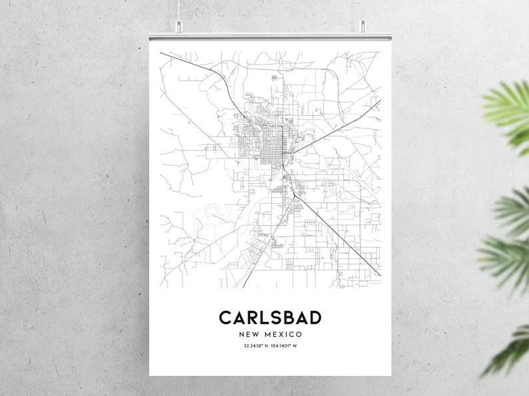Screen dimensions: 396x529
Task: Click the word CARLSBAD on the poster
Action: click(270, 317)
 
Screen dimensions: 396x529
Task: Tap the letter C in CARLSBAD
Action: click(226, 317)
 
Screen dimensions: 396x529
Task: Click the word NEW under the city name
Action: click(249, 334)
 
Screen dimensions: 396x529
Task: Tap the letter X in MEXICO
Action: click(284, 334)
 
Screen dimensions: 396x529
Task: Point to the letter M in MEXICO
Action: click(266, 334)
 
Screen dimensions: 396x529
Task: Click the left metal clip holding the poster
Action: click(178, 27)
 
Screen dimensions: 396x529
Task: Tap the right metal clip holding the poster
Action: click(363, 27)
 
